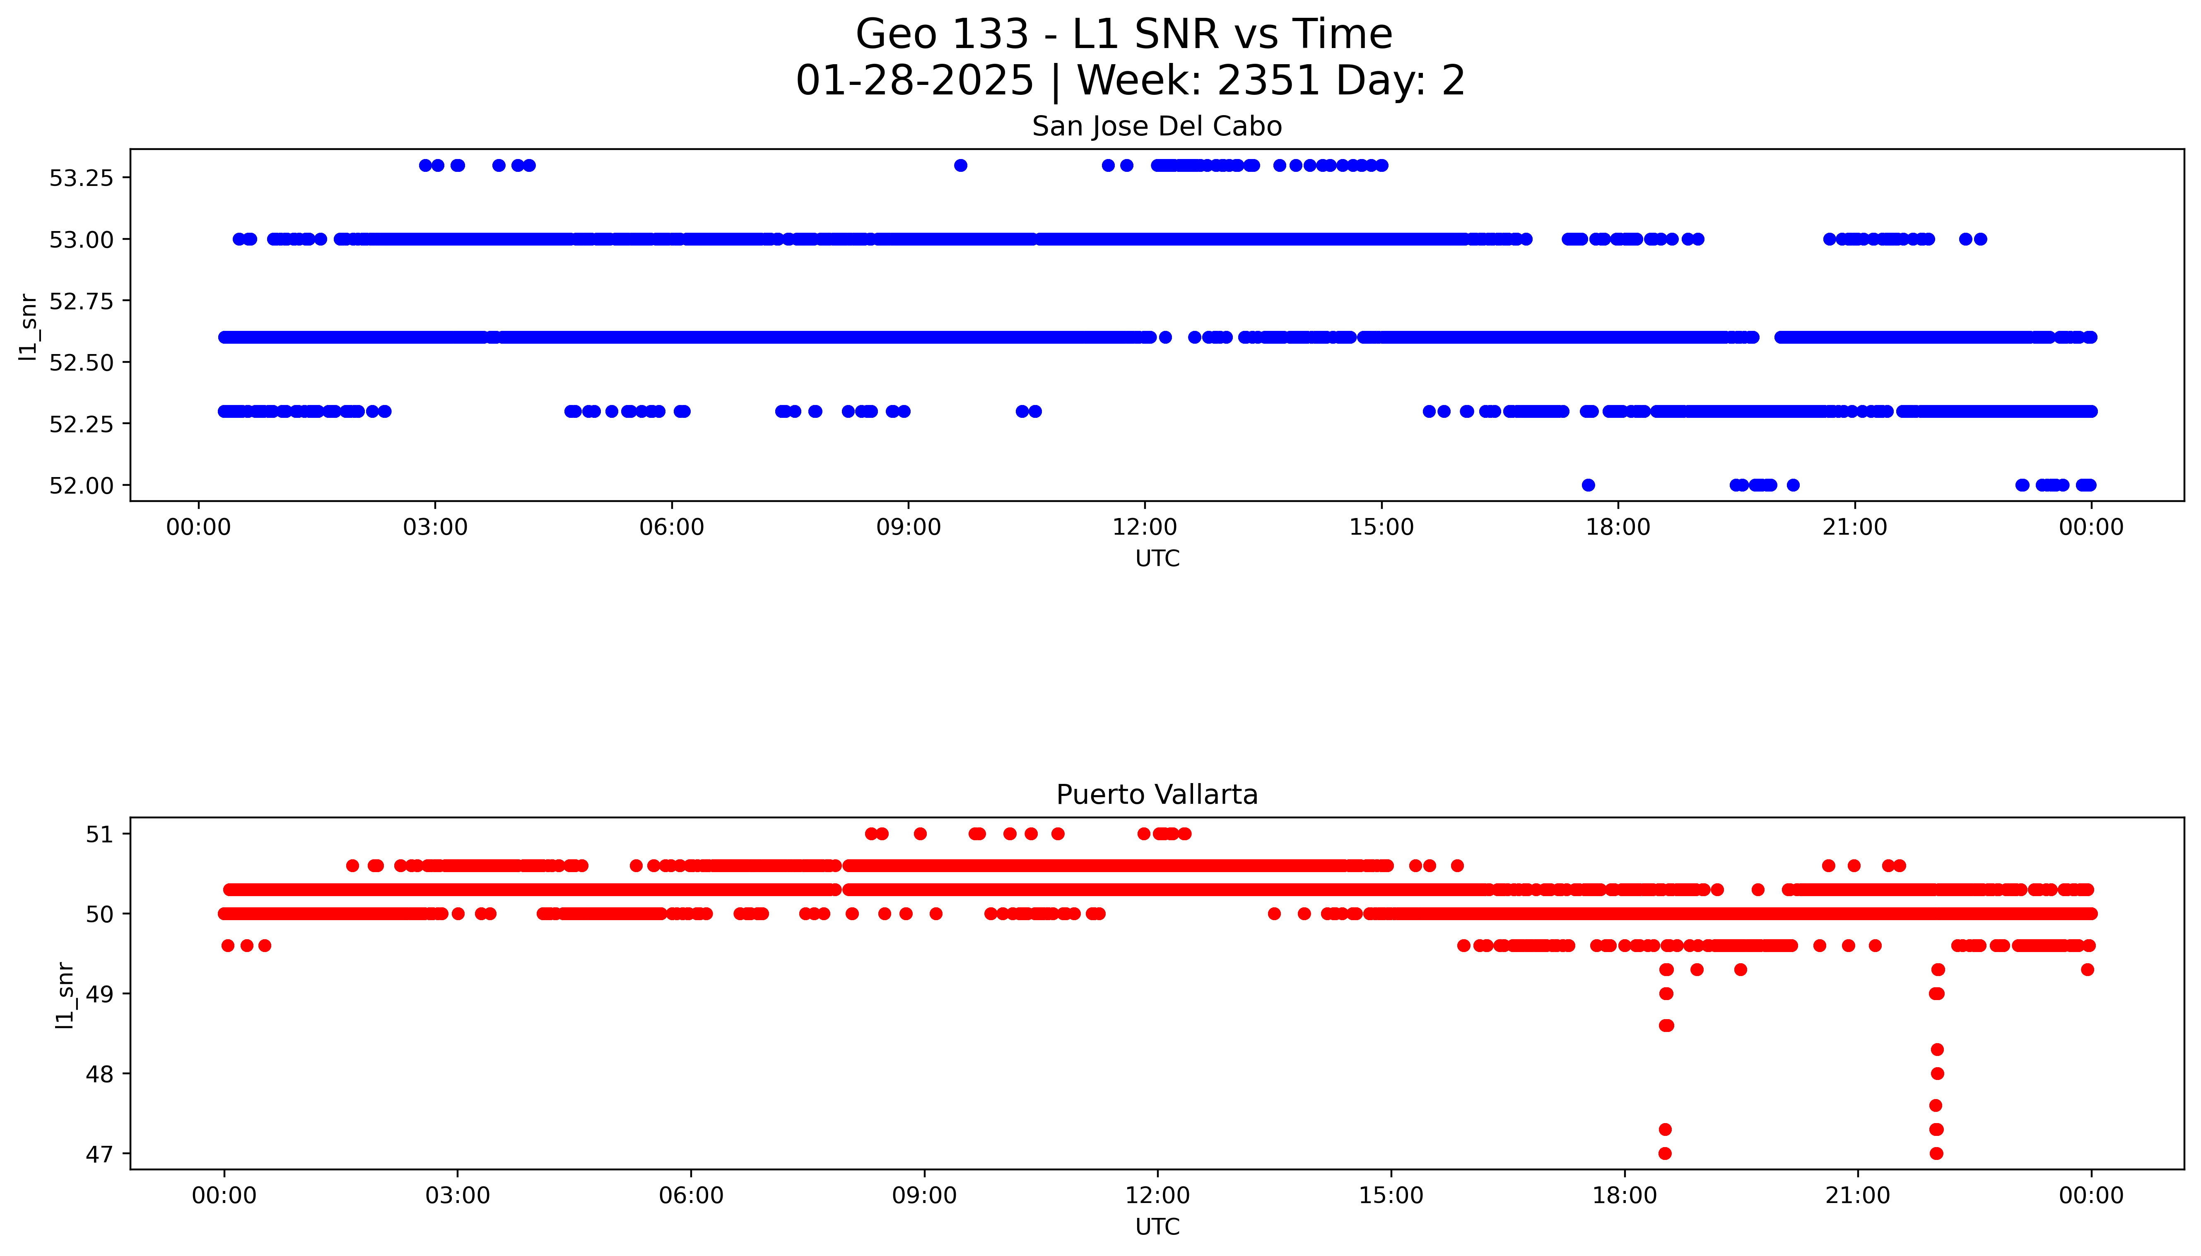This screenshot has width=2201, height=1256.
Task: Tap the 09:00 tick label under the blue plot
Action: pyautogui.click(x=908, y=527)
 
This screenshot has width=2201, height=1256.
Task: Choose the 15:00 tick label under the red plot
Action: pyautogui.click(x=1390, y=1196)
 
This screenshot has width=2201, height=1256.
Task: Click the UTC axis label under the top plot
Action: pyautogui.click(x=1157, y=559)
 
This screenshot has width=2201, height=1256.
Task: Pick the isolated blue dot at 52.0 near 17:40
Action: pyautogui.click(x=1588, y=485)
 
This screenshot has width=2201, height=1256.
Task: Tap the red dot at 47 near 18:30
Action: pyautogui.click(x=1665, y=1153)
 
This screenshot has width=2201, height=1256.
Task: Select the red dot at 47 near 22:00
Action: pyautogui.click(x=1936, y=1153)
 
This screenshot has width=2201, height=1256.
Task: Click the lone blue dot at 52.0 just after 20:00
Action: pyautogui.click(x=1793, y=485)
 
